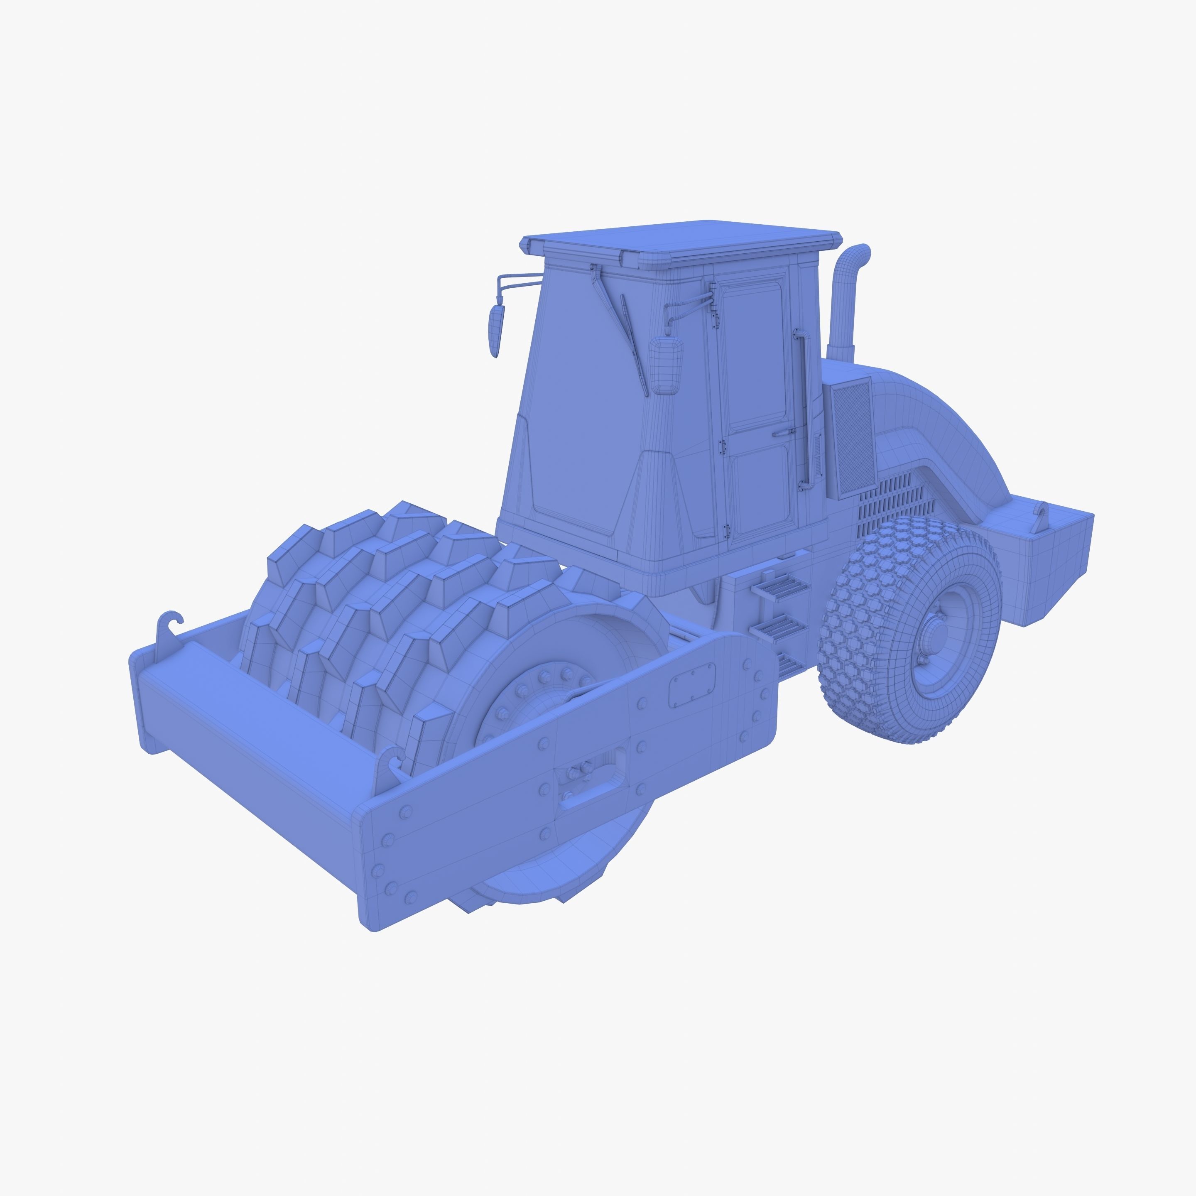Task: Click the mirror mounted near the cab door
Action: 666,365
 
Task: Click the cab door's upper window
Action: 754,353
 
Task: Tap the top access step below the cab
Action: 779,583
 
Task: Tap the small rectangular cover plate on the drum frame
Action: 692,684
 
